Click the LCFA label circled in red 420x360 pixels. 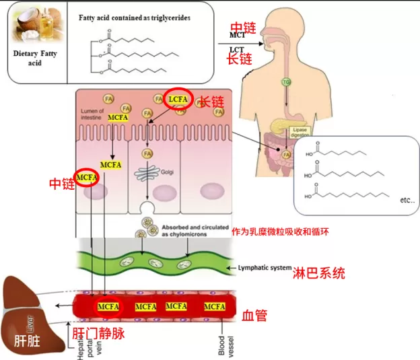[x=180, y=99]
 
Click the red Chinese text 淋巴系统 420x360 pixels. [x=319, y=273]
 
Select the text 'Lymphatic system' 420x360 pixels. [x=263, y=268]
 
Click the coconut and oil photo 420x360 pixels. [x=32, y=26]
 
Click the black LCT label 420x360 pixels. [x=237, y=49]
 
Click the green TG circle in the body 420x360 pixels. [x=286, y=82]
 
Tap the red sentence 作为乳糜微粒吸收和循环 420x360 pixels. [x=280, y=231]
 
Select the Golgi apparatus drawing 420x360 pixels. [x=146, y=173]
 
